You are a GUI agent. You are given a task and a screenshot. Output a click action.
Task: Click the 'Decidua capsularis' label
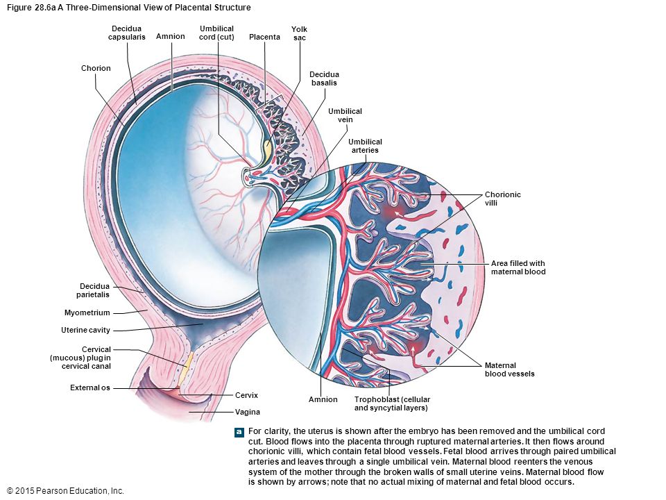[126, 33]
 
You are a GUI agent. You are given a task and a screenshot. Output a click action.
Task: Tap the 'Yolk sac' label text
[299, 33]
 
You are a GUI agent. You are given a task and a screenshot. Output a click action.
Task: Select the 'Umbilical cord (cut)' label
[216, 33]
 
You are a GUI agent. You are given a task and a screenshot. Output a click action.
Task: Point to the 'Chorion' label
[96, 68]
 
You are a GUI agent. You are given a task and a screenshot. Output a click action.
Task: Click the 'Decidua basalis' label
[324, 78]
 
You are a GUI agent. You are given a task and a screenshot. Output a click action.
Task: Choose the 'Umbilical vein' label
[345, 115]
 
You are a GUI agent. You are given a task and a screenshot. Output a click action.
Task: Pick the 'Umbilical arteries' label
[366, 146]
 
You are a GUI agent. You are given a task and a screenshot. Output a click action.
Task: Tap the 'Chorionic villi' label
[503, 199]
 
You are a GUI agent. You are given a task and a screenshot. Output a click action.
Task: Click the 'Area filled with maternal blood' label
[518, 267]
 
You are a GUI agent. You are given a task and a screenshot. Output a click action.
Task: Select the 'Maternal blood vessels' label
[510, 369]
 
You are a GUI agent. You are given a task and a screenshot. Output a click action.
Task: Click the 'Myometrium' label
[87, 312]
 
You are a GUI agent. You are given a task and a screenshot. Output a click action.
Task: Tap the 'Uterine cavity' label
[85, 330]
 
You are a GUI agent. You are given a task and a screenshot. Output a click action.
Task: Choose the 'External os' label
[90, 387]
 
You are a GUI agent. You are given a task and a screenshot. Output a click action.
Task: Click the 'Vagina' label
[248, 412]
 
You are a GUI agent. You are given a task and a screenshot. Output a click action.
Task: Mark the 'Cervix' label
[246, 395]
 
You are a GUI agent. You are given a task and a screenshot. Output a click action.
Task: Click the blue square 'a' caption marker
[239, 432]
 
